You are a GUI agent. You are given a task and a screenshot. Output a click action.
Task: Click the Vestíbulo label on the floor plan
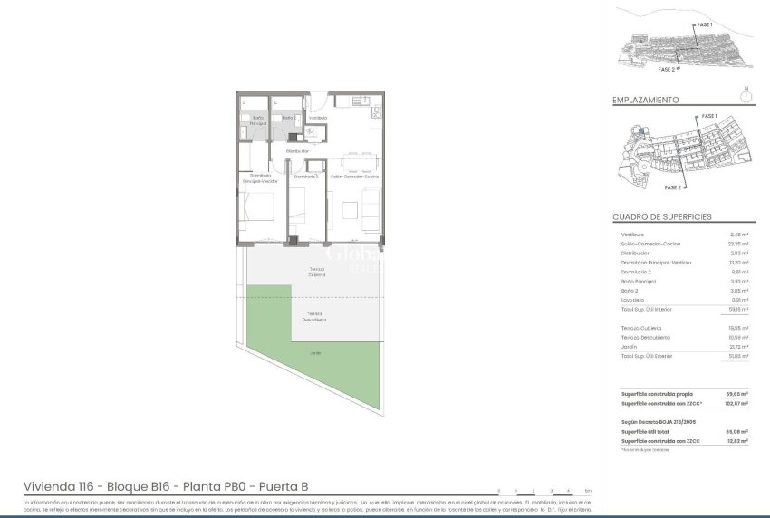tap(317, 118)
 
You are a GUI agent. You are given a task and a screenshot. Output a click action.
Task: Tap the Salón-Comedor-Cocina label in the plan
tap(354, 177)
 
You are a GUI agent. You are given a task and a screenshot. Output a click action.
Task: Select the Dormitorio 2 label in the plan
tap(305, 177)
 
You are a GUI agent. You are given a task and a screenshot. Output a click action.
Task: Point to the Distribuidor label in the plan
tap(297, 150)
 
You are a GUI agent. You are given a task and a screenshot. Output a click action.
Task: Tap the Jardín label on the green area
tap(315, 353)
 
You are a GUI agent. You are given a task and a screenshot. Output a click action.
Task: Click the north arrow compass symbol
tap(746, 92)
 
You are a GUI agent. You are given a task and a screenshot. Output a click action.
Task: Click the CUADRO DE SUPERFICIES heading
tap(661, 217)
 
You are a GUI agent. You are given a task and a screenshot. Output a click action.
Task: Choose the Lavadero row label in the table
tap(633, 301)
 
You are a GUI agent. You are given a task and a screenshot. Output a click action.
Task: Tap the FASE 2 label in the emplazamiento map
tap(672, 187)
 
